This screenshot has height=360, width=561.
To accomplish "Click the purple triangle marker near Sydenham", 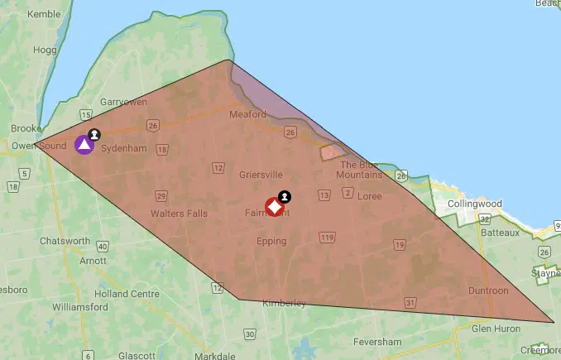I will pos(84,145).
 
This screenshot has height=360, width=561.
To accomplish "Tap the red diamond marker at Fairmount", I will pos(274,207).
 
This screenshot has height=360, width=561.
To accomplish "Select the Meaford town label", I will pos(247,114).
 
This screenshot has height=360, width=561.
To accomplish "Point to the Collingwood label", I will pos(474,204).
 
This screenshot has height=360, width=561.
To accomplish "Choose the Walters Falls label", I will pos(179,213).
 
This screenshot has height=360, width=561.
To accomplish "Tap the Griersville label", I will pos(261,175).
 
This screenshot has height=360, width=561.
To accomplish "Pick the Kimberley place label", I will pos(284,303).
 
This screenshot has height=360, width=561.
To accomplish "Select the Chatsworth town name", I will pos(65,241).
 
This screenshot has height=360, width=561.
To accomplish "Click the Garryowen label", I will pos(123,102).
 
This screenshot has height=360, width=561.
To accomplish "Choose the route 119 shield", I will pos(326,238).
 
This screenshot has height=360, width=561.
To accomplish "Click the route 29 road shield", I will pos(161,195).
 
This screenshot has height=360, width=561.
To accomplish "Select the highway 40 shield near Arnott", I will pos(102,246).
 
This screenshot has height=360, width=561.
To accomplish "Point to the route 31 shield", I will pos(410,303).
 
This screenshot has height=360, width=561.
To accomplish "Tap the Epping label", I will pos(271,242).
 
